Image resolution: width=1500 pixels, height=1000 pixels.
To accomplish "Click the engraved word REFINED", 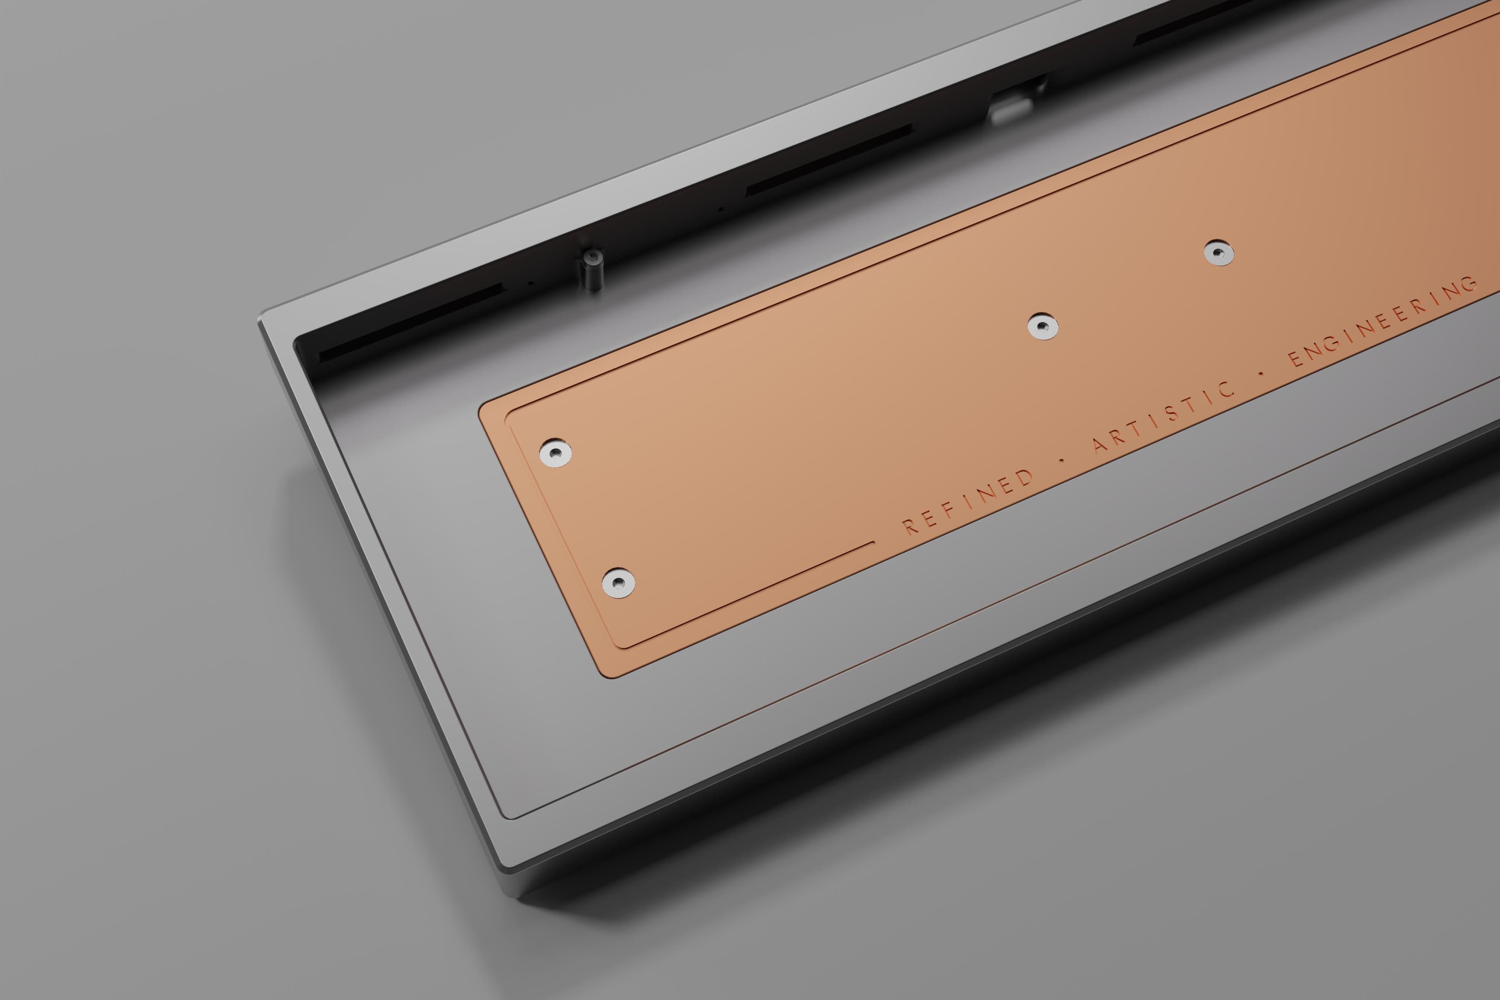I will pos(968,501).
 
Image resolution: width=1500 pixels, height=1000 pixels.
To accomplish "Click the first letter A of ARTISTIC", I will pos(1100,444).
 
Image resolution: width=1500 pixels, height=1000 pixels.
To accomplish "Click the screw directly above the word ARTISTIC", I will pos(1043,327).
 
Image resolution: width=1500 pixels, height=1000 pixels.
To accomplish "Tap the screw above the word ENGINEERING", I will pos(1219,253).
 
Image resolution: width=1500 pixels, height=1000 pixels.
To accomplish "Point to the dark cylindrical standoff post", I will pos(593,270).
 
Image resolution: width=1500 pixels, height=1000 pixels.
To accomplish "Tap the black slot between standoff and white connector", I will pos(829,159).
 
